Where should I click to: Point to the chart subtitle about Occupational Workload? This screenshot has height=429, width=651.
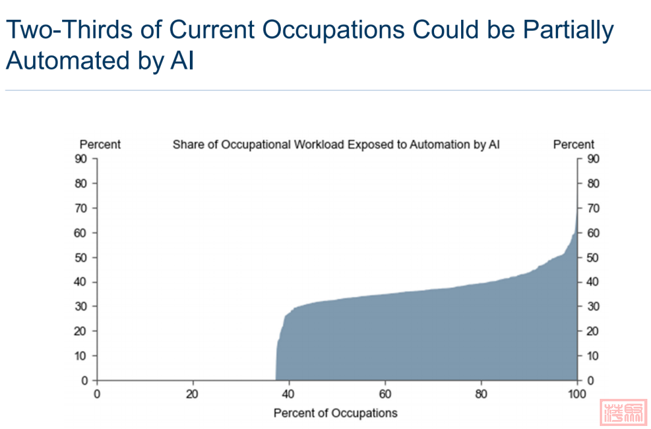pos(336,145)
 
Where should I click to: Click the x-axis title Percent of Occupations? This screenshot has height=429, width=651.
pos(335,413)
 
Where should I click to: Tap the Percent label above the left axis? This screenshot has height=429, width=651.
pos(100,145)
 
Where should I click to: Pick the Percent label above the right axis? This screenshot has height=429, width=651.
pos(574,145)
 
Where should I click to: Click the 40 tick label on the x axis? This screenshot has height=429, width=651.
pos(289,394)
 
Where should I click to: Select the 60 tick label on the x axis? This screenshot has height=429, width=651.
pos(385,394)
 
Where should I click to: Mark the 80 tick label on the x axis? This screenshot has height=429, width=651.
pos(481,394)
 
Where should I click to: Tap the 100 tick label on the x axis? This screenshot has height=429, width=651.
pos(577,394)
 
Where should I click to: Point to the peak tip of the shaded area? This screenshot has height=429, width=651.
pos(577,208)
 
